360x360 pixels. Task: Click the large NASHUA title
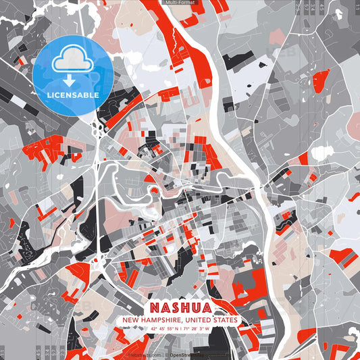[x=180, y=307]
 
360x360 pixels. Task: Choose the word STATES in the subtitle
[x=224, y=319]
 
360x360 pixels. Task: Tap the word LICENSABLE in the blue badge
[x=73, y=95]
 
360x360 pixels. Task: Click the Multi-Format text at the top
[x=180, y=3]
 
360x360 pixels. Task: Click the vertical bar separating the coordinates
[x=180, y=329]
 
